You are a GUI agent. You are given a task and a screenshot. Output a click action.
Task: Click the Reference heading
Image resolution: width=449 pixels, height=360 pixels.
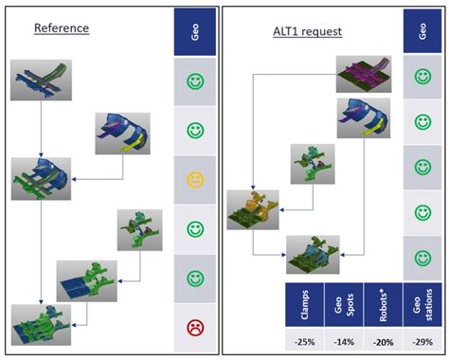point(62,28)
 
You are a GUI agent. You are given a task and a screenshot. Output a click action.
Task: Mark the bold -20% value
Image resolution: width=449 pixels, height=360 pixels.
point(380,342)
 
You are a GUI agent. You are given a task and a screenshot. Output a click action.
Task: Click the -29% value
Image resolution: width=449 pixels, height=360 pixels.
point(421,342)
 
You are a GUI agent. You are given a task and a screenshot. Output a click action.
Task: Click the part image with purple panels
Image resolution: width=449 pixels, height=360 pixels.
point(365,75)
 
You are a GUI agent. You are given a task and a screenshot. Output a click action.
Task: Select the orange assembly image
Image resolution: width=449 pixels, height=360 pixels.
point(253,209)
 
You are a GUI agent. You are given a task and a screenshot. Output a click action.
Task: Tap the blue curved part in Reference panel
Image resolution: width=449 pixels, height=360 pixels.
point(122,134)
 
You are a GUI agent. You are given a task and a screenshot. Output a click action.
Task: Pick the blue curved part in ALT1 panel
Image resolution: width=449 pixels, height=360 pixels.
point(364,120)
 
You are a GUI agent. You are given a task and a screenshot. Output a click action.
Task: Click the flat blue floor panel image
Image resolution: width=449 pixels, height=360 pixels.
point(84,282)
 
